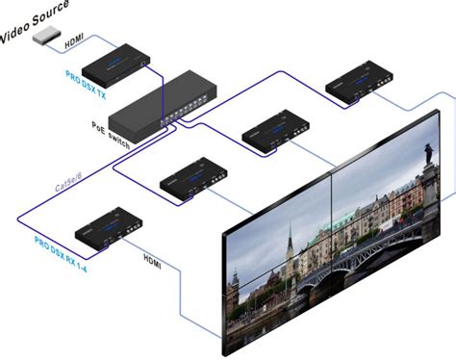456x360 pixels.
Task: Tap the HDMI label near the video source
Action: point(74,44)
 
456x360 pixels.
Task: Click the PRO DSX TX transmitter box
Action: point(114,64)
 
